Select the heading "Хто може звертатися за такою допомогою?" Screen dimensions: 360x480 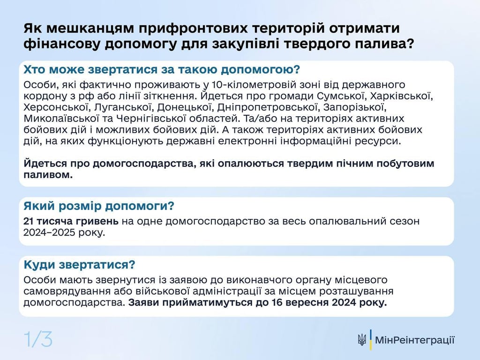tap(161, 70)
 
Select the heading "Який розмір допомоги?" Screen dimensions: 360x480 tap(99, 206)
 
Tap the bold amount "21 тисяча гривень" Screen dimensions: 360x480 tap(72, 221)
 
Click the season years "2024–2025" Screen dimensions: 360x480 tap(47, 232)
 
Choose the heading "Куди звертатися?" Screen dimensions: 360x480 tap(80, 265)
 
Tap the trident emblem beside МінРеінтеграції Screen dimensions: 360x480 tap(361, 340)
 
